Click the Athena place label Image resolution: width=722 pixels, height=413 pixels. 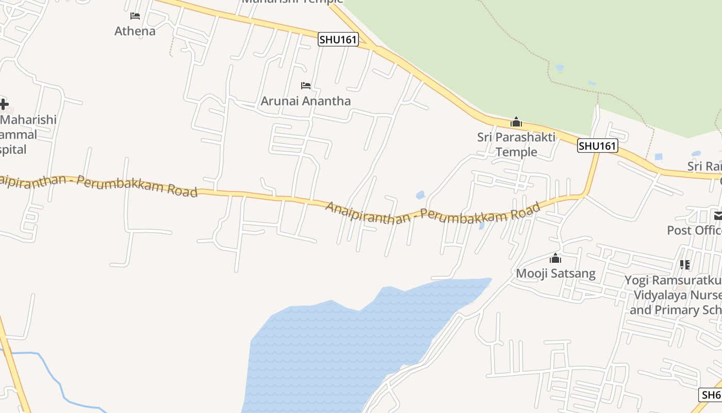(x=135, y=31)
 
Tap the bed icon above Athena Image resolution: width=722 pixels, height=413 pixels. (x=135, y=16)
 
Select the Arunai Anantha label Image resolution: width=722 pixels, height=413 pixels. (x=305, y=101)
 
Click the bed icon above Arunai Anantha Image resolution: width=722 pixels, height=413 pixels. (x=306, y=85)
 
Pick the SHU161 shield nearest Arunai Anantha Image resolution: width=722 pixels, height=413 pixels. (x=338, y=39)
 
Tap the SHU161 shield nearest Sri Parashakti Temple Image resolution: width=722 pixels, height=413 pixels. (x=597, y=146)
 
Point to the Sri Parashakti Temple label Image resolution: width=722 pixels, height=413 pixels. (x=516, y=144)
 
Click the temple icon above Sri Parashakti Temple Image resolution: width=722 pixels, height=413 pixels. (x=516, y=122)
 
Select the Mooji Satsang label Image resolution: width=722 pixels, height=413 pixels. (x=556, y=273)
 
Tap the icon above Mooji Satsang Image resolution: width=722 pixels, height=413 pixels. (x=555, y=258)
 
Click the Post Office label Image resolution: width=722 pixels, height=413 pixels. (x=694, y=230)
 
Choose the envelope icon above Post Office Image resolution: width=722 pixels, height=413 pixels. (x=718, y=215)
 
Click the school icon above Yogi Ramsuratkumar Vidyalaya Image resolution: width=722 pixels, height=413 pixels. (x=685, y=265)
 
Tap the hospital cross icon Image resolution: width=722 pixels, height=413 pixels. (x=4, y=104)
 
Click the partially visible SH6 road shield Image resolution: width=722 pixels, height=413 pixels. (x=711, y=395)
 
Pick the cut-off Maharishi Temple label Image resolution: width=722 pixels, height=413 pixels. (x=292, y=2)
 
